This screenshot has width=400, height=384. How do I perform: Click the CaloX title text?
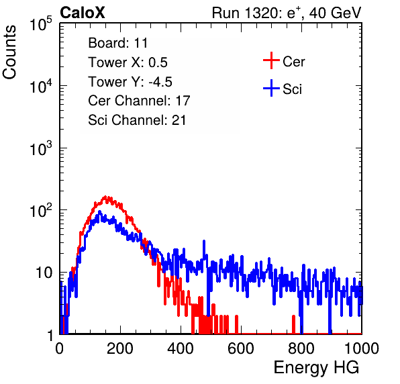point(83,13)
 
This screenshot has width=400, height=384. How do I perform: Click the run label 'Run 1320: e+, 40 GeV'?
point(287,13)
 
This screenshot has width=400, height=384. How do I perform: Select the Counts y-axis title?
point(9,52)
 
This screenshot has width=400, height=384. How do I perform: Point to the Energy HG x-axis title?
point(316,368)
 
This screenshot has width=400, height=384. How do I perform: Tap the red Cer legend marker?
point(271,60)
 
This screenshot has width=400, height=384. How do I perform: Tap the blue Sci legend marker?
point(271,88)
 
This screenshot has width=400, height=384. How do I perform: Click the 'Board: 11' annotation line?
point(118,43)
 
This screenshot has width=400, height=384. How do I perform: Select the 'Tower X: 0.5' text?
point(128,62)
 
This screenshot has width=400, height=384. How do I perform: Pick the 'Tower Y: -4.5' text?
point(130,82)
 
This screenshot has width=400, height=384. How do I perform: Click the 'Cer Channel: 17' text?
point(139,101)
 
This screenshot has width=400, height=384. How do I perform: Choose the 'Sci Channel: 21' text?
point(137,120)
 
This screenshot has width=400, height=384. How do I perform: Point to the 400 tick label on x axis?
point(181,348)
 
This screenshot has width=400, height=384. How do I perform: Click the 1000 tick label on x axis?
point(362,348)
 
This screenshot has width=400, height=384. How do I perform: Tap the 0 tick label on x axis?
point(59,348)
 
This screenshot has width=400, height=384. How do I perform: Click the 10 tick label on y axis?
point(44,273)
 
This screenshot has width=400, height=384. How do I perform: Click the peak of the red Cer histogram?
point(105,197)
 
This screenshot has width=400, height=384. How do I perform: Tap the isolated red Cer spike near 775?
point(293,324)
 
